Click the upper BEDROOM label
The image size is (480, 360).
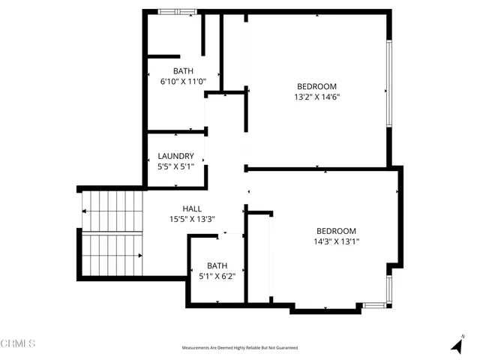click(316, 86)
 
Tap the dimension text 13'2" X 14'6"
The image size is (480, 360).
click(316, 97)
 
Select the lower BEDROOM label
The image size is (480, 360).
click(336, 231)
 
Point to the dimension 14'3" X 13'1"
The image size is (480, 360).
click(336, 241)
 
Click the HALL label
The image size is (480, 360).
click(192, 208)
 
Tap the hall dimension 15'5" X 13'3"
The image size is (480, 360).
click(192, 219)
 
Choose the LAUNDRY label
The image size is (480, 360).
click(176, 157)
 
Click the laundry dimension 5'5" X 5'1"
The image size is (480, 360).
click(176, 166)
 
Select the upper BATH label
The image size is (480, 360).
click(183, 71)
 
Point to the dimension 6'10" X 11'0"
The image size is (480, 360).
click(183, 82)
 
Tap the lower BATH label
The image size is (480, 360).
click(217, 265)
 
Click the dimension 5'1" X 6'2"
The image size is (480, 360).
click(217, 276)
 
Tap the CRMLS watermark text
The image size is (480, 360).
click(19, 343)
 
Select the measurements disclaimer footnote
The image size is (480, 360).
click(240, 348)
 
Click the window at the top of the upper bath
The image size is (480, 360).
click(178, 11)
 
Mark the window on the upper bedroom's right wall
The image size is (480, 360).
click(388, 82)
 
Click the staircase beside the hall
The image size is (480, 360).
click(112, 233)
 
